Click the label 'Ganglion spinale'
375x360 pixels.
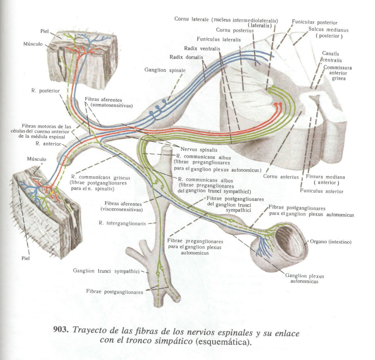[165, 70]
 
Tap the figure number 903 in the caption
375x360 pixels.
[61, 330]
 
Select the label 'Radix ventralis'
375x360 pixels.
[202, 48]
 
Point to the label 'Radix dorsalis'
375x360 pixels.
[186, 57]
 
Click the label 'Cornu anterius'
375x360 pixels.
[281, 177]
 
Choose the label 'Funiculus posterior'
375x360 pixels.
[314, 22]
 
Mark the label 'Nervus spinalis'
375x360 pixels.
[199, 150]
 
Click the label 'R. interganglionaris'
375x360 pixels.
[122, 223]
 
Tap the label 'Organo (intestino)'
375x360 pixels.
[330, 242]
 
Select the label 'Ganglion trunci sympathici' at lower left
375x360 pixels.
[106, 271]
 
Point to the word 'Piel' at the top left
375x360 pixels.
[45, 31]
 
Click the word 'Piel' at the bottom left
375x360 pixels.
[25, 258]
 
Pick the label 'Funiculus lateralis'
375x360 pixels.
[219, 39]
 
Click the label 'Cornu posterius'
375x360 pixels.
[235, 30]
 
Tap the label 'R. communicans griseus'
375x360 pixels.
[100, 177]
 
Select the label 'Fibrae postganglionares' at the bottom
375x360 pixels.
[115, 292]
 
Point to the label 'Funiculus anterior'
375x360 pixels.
[321, 191]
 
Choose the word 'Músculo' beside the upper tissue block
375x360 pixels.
[33, 44]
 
